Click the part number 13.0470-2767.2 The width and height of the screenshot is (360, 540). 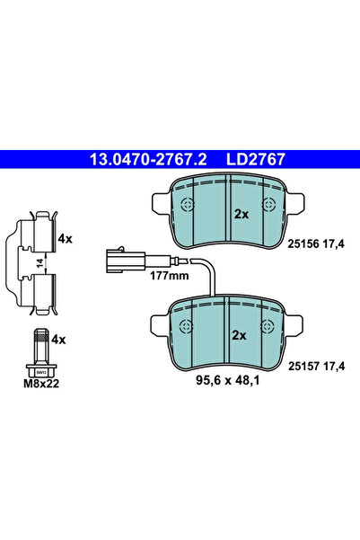coord(148,159)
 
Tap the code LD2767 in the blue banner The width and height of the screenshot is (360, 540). coord(256,159)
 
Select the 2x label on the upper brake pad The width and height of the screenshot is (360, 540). coord(241,214)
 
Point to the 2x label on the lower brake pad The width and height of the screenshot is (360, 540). coord(239,335)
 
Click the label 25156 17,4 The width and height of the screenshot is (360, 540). coord(316,244)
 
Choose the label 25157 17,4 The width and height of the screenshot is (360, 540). coord(316,366)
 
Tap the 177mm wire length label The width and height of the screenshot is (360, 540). coord(170,276)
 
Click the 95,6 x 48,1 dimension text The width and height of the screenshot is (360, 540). coord(228,380)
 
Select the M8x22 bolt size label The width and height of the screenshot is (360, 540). coord(41,384)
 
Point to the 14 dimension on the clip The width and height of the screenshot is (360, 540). coord(40,263)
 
